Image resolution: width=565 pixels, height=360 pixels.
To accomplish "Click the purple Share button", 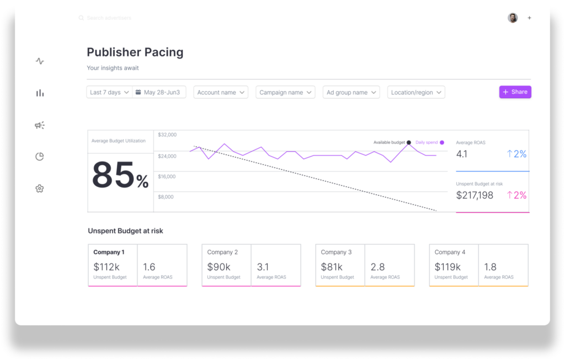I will pos(515,92).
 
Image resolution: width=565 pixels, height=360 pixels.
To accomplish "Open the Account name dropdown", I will pos(220,93).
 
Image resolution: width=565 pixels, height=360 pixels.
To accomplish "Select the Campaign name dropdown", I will pos(285,93).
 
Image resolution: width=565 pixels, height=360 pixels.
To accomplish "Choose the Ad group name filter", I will pos(351,93).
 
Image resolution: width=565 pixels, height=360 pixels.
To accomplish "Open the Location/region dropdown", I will pos(416,93).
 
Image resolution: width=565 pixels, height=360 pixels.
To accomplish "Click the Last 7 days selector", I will pos(109,93).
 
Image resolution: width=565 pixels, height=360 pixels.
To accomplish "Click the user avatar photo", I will pos(513,18).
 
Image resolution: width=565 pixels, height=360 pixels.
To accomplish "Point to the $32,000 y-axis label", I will pos(167,135).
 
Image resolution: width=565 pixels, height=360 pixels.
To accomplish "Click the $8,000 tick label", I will pos(166,197).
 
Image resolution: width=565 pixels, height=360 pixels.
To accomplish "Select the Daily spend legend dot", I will pos(442,142).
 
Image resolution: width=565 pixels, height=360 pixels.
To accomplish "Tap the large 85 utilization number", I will pos(113,175).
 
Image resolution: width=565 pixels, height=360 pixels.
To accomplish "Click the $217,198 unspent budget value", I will pos(475,195).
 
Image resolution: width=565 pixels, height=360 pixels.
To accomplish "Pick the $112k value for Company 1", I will pos(106,267).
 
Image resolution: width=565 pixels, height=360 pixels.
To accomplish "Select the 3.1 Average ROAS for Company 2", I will pos(263,267).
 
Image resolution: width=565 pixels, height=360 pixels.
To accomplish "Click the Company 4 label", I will pos(450,252).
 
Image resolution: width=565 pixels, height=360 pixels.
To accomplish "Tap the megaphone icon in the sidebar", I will pos(39,125).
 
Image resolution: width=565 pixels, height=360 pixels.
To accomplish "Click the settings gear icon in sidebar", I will pos(39,189).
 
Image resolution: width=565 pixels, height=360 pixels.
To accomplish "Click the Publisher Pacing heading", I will pos(135,52).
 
